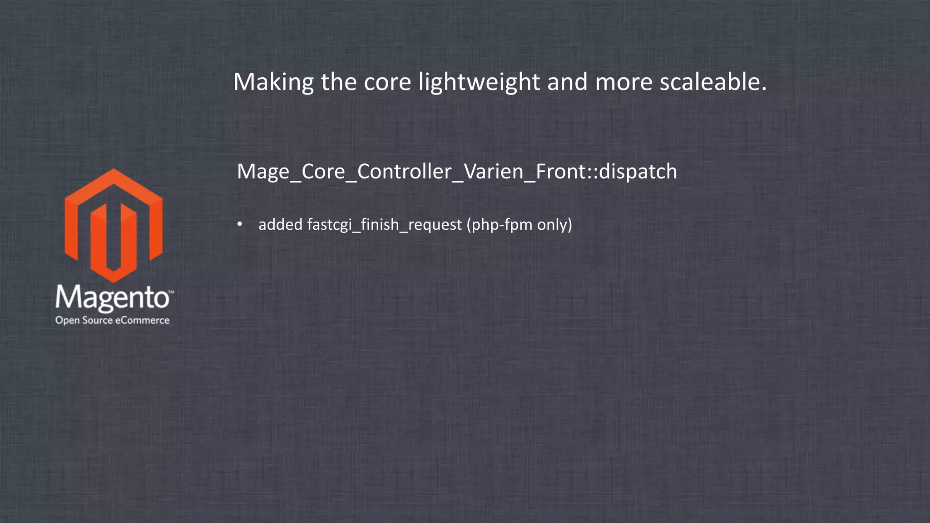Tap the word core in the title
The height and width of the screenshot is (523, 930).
[x=387, y=83]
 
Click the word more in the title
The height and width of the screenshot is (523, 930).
[x=623, y=83]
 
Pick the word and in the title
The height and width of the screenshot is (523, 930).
[x=567, y=83]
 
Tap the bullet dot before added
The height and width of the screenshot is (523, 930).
[x=240, y=224]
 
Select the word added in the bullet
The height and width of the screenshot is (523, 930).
[x=280, y=224]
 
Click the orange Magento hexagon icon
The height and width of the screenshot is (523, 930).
[x=114, y=225]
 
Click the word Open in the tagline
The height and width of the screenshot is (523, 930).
[x=68, y=321]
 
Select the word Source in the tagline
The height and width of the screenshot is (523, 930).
[x=97, y=320]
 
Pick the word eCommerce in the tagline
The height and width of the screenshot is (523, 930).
[x=142, y=320]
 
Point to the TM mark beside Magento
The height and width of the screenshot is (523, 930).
[x=171, y=291]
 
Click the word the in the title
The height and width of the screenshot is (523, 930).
[x=339, y=83]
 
